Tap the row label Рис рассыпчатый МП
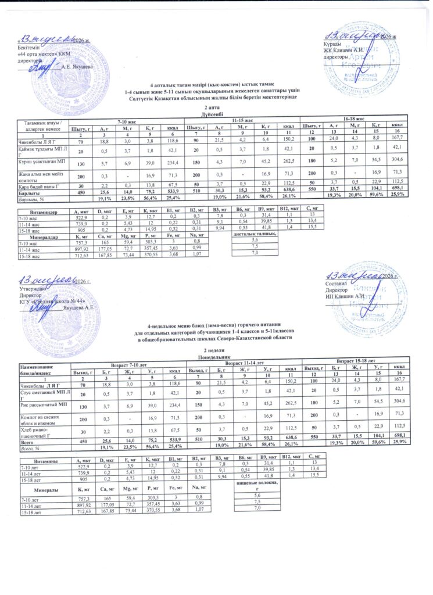click(x=38, y=402)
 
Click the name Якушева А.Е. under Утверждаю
click(x=78, y=308)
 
